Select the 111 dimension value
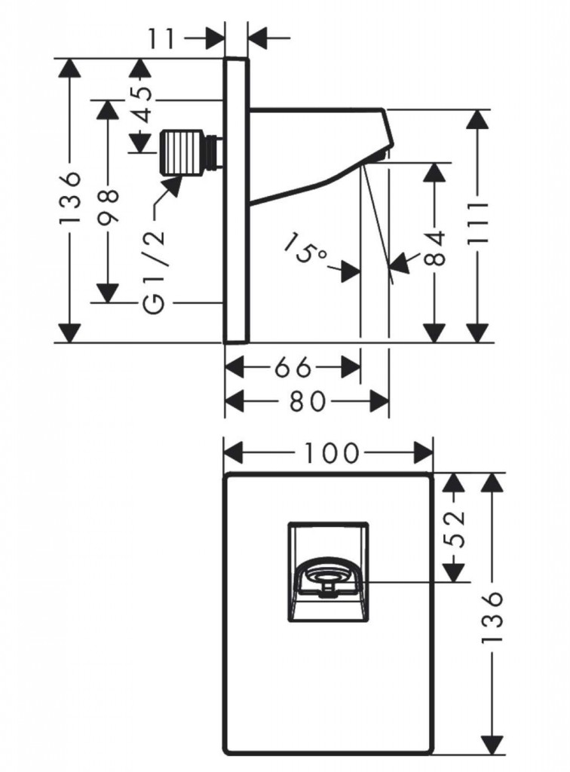(x=477, y=226)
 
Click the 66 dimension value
(x=292, y=368)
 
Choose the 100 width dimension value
(x=329, y=453)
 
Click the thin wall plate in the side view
(x=237, y=200)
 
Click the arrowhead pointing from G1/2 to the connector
(x=174, y=184)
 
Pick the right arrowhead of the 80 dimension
(x=381, y=401)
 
